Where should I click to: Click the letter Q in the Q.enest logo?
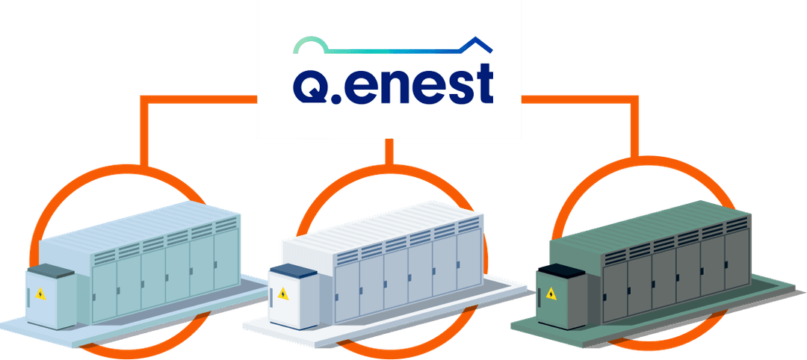pyautogui.click(x=309, y=85)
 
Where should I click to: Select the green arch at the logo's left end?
pyautogui.click(x=309, y=44)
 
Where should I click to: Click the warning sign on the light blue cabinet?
pyautogui.click(x=40, y=294)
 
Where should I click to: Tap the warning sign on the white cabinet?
pyautogui.click(x=282, y=294)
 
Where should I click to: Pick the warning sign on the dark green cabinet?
pyautogui.click(x=551, y=294)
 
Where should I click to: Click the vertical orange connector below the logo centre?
pyautogui.click(x=389, y=152)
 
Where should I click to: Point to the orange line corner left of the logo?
pyautogui.click(x=144, y=99)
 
